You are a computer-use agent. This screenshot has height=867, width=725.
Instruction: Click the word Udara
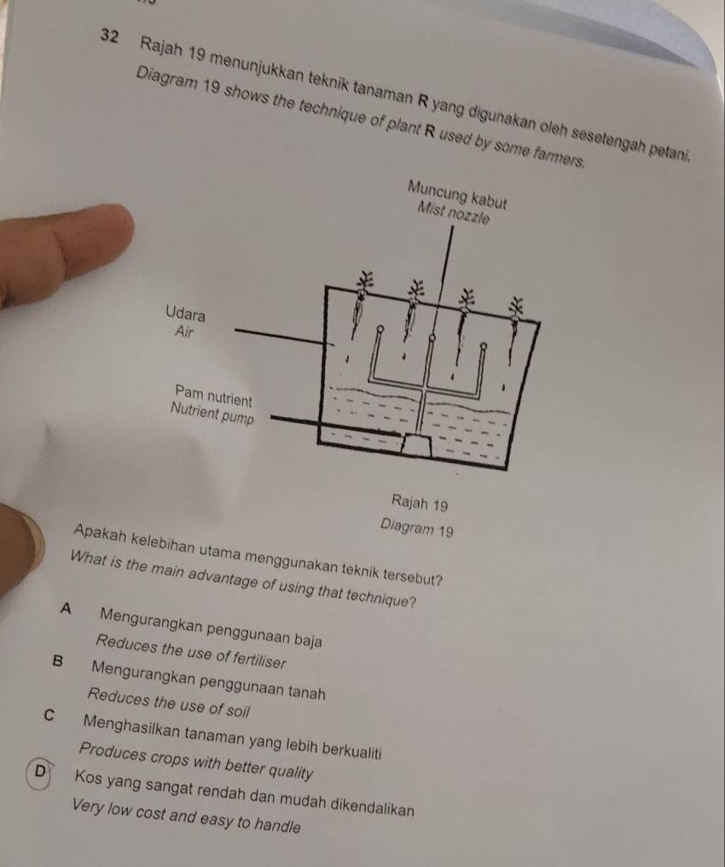[186, 312]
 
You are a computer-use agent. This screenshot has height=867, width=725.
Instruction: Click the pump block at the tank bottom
[417, 442]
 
